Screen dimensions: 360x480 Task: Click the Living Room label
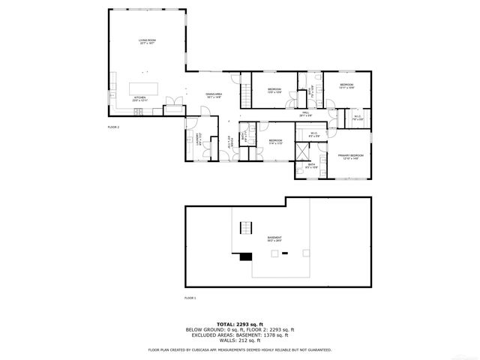click(x=146, y=41)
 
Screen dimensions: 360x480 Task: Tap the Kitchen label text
click(x=140, y=98)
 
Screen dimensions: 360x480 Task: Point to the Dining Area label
click(x=214, y=95)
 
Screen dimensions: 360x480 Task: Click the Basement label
click(x=274, y=238)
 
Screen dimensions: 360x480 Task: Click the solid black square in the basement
click(x=245, y=256)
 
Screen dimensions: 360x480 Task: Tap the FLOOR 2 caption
click(x=114, y=127)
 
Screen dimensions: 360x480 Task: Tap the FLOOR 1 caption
click(x=190, y=298)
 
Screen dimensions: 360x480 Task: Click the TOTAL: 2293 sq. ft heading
click(x=240, y=322)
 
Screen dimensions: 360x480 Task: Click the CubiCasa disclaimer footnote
click(x=240, y=349)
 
